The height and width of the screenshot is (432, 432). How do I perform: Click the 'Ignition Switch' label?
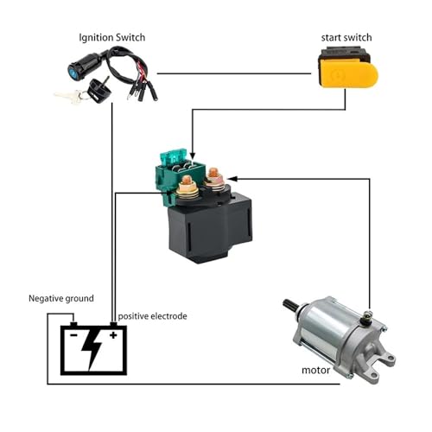click(112, 38)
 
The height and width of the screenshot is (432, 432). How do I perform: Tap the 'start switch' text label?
click(346, 38)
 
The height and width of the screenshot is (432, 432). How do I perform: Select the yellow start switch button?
click(349, 74)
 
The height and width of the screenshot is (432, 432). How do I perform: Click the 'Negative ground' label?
click(61, 298)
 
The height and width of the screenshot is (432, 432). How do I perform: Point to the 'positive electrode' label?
click(152, 316)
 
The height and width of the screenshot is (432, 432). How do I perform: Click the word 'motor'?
click(315, 370)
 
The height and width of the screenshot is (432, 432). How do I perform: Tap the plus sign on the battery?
click(113, 335)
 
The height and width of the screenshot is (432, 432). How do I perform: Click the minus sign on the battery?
click(73, 335)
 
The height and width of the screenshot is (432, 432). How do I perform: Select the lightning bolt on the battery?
click(92, 349)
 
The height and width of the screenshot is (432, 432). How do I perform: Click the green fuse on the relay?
click(174, 156)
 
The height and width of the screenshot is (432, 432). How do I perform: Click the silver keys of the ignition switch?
click(69, 96)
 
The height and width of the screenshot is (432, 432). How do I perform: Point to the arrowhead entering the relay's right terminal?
click(232, 179)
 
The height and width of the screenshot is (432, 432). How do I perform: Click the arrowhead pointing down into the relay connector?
click(193, 156)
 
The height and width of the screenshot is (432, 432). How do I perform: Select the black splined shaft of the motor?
click(290, 305)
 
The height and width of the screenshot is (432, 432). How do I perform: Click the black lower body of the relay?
click(210, 227)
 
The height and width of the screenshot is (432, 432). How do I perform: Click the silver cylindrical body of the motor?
click(326, 326)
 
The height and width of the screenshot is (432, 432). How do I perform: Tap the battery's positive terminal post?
click(114, 324)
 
